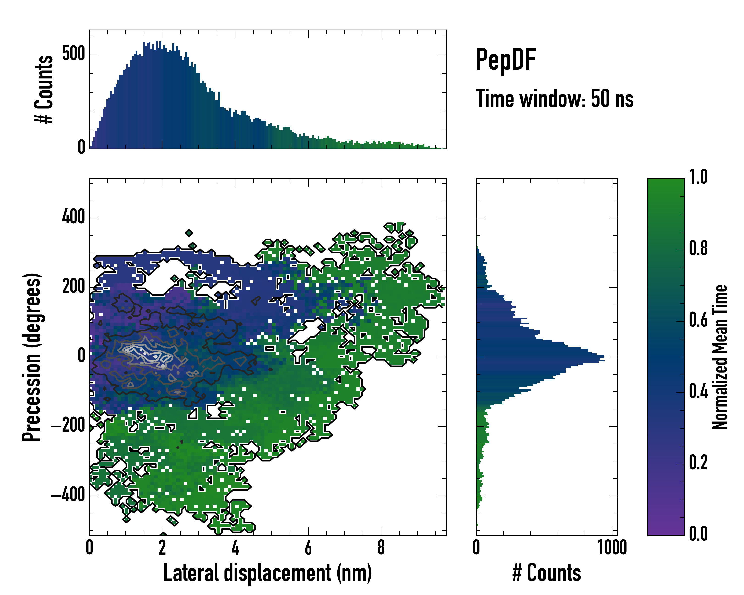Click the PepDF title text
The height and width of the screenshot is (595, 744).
point(505,60)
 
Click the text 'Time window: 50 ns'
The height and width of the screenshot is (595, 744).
point(555,99)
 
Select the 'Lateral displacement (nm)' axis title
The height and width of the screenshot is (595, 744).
point(267,573)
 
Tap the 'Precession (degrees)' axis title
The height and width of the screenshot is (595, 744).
point(32,357)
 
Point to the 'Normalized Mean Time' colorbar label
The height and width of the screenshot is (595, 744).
point(720,357)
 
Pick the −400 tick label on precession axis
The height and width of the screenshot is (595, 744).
point(68,495)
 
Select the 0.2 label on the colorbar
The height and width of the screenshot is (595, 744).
point(698,463)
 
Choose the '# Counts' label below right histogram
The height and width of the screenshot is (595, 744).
point(547,573)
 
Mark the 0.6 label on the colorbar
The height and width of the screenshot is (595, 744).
point(698,320)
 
